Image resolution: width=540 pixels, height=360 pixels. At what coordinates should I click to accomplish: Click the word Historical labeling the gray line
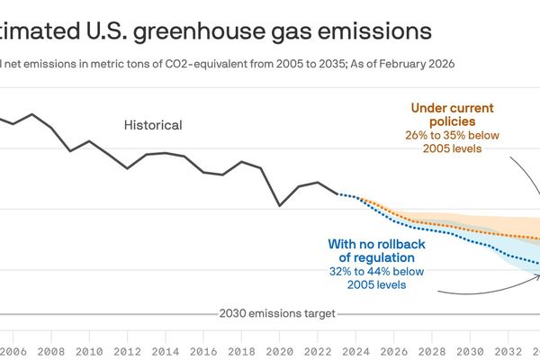153,125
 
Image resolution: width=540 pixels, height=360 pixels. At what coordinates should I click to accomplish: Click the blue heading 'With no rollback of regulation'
376,250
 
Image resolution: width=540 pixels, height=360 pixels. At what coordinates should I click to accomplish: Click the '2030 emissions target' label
277,313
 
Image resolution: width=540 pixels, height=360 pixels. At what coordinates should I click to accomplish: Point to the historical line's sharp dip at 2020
280,205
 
